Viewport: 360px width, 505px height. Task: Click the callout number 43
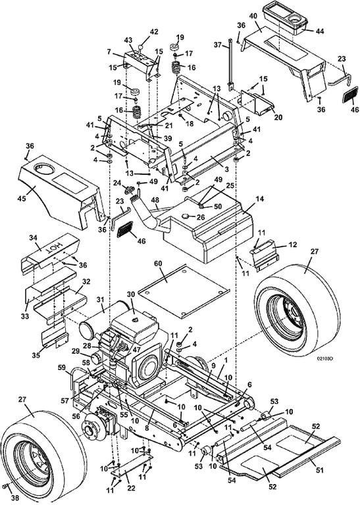coord(128,41)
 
